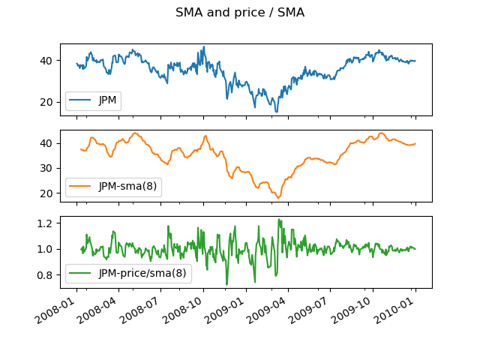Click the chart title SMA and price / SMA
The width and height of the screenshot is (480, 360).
[x=240, y=13]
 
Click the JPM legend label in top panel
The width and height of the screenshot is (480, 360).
[x=109, y=101]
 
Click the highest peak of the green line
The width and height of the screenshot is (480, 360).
[x=279, y=220]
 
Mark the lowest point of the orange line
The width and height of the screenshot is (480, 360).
[x=277, y=198]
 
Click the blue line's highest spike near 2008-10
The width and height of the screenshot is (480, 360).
[x=203, y=46]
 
